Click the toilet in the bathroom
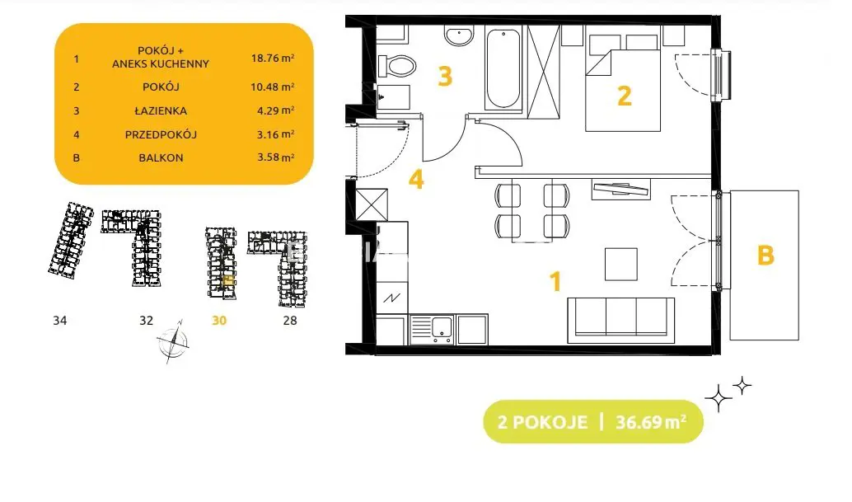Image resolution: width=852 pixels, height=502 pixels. pyautogui.click(x=397, y=66)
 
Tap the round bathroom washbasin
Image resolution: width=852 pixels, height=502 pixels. pyautogui.click(x=459, y=36)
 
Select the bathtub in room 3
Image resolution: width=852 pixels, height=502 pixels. pyautogui.click(x=503, y=69)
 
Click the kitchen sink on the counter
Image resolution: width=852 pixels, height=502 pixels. pyautogui.click(x=432, y=329)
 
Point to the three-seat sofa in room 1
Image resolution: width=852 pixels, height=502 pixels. pyautogui.click(x=621, y=320)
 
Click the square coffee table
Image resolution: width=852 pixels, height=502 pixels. pyautogui.click(x=621, y=264)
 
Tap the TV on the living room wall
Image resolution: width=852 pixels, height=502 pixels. pyautogui.click(x=621, y=189)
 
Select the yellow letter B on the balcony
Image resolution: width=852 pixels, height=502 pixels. pyautogui.click(x=765, y=255)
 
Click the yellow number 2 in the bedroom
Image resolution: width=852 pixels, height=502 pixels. pyautogui.click(x=625, y=96)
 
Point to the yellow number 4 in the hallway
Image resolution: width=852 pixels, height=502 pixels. pyautogui.click(x=416, y=180)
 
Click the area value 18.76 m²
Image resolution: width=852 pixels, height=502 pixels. pyautogui.click(x=273, y=58)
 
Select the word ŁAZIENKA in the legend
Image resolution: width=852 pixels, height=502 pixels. pyautogui.click(x=161, y=110)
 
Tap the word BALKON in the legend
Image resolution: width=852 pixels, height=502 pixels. pyautogui.click(x=161, y=158)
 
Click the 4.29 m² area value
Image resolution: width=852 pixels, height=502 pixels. pyautogui.click(x=275, y=110)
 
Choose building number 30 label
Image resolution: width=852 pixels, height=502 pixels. pyautogui.click(x=219, y=321)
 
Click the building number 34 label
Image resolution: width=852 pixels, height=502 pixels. pyautogui.click(x=60, y=321)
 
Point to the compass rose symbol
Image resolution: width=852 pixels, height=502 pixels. pyautogui.click(x=173, y=341)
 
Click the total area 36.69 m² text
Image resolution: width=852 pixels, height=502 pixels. pyautogui.click(x=651, y=421)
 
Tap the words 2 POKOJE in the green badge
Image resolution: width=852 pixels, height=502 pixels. pyautogui.click(x=542, y=422)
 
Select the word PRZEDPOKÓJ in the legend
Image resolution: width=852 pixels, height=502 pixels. pyautogui.click(x=161, y=134)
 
